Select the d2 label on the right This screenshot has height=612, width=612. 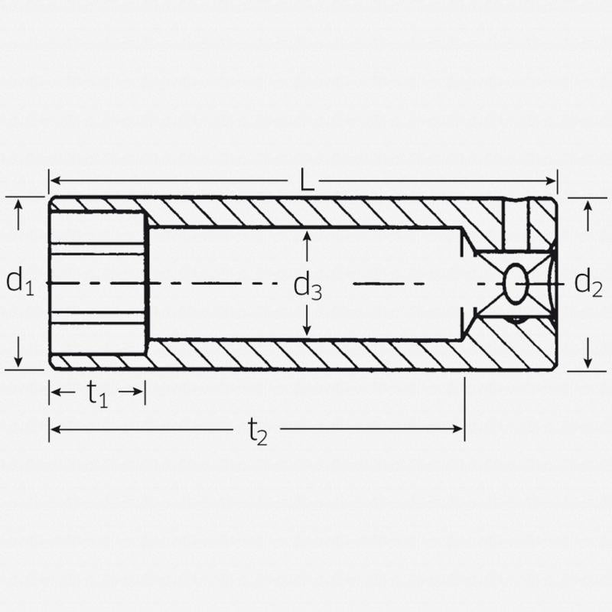click(x=588, y=283)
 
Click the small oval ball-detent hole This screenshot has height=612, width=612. click(x=516, y=283)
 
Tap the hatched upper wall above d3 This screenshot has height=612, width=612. click(x=306, y=212)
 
